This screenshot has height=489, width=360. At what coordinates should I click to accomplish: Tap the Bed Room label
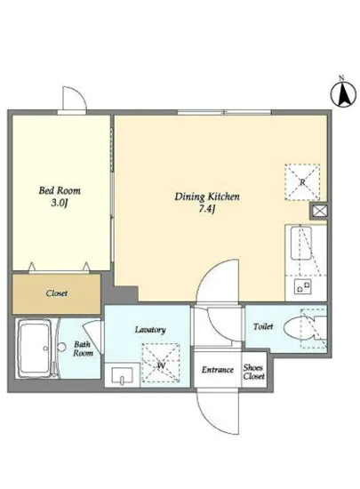(x=60, y=190)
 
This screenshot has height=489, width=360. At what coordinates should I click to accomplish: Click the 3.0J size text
(x=59, y=204)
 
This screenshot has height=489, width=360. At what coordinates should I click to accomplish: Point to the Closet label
(x=56, y=293)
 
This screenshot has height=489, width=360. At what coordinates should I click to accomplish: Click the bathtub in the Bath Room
(x=35, y=348)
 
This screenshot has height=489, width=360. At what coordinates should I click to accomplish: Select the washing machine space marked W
(x=161, y=363)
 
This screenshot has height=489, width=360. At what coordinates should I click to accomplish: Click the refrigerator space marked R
(x=302, y=181)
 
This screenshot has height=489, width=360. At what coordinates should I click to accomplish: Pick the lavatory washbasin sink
(x=122, y=375)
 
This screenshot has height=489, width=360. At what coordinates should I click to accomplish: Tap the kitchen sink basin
(x=300, y=244)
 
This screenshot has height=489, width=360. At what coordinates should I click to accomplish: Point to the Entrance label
(x=218, y=370)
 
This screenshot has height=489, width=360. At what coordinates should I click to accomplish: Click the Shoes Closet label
(x=254, y=372)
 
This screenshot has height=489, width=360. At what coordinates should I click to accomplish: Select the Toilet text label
(x=263, y=326)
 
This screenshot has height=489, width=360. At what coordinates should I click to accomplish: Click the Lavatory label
(x=150, y=330)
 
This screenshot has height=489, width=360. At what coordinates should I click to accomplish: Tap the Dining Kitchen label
(x=207, y=196)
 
